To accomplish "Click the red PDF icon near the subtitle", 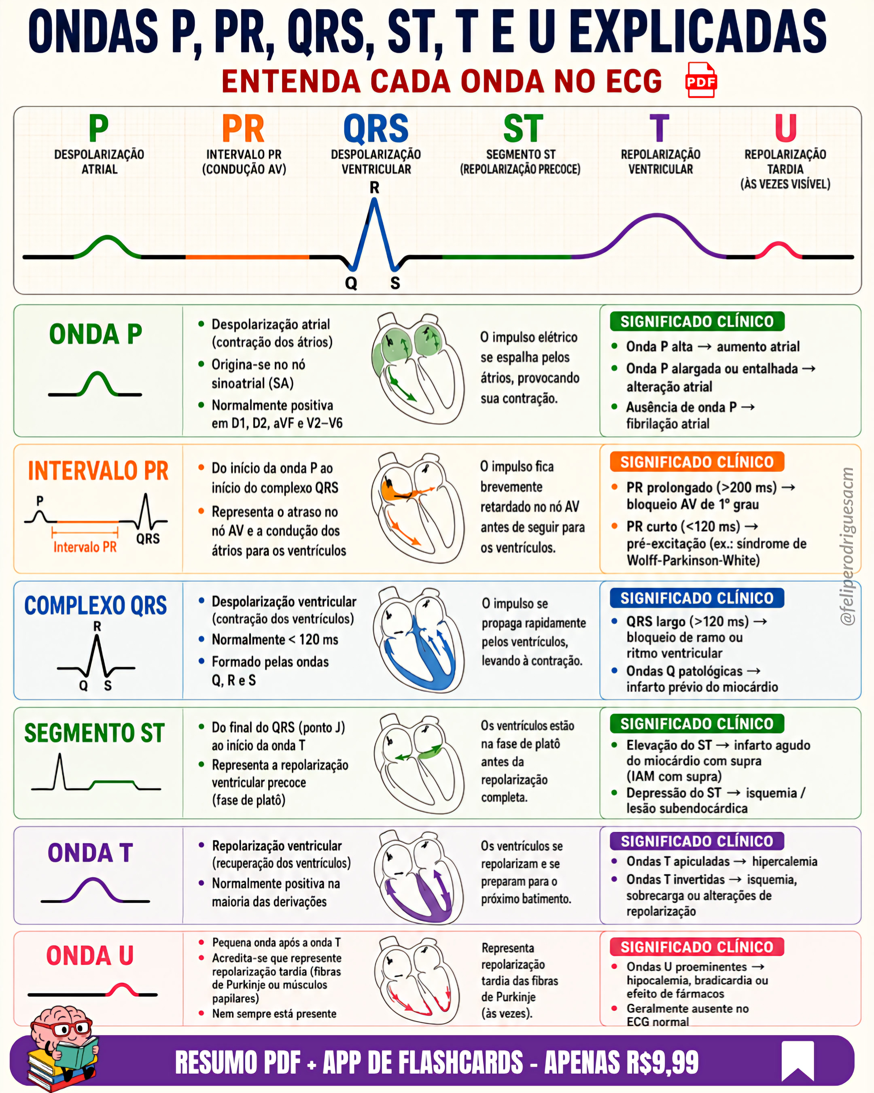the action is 701,80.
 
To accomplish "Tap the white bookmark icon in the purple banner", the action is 798,1061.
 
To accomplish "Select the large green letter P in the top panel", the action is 99,128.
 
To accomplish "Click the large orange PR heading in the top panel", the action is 243,129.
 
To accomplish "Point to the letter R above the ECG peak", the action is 374,187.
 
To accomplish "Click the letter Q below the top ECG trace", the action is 351,283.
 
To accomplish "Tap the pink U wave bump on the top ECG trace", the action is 779,249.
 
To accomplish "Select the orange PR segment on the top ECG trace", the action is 247,257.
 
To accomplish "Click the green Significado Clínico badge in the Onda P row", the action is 697,321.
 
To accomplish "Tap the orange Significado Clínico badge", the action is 697,462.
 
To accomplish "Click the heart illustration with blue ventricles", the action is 418,640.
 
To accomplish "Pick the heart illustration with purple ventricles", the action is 418,877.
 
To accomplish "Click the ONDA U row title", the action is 90,956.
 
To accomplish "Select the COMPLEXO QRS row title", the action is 96,605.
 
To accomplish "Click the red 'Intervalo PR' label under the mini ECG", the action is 85,547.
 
